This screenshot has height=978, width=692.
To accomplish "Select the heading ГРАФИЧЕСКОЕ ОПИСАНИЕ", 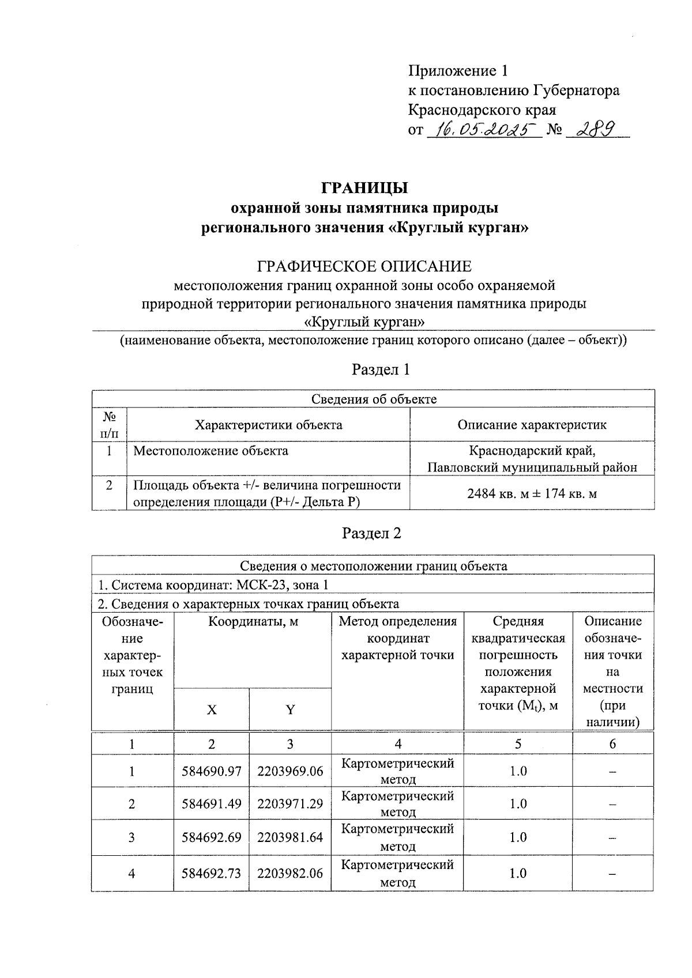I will pyautogui.click(x=364, y=266).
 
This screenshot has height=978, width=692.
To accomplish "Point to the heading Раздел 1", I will pyautogui.click(x=381, y=369).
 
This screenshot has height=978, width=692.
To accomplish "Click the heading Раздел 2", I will pyautogui.click(x=371, y=533).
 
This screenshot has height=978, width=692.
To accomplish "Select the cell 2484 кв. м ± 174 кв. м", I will pyautogui.click(x=532, y=493).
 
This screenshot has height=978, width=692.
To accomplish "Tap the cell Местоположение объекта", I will pyautogui.click(x=210, y=451).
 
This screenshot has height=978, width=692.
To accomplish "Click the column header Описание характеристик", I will pyautogui.click(x=532, y=425).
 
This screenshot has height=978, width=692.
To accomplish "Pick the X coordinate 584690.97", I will pyautogui.click(x=211, y=771).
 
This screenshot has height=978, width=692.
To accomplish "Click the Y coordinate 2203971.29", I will pyautogui.click(x=290, y=803).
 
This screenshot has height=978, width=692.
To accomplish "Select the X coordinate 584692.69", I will pyautogui.click(x=211, y=837).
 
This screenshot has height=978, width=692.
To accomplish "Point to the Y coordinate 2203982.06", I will pyautogui.click(x=290, y=874).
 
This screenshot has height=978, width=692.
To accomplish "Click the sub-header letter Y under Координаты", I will pyautogui.click(x=290, y=710).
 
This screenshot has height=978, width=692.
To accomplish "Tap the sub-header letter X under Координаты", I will pyautogui.click(x=212, y=710).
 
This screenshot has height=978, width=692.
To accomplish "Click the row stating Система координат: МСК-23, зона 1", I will pyautogui.click(x=213, y=585).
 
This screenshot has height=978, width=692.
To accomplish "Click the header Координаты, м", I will pyautogui.click(x=253, y=622).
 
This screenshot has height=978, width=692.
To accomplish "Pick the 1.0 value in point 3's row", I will pyautogui.click(x=518, y=837).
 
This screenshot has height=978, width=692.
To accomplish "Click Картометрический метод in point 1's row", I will pyautogui.click(x=397, y=771).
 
